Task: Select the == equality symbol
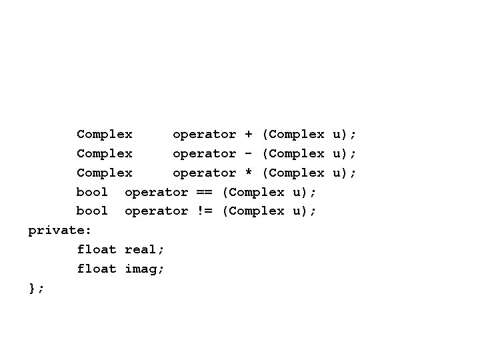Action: [x=204, y=192]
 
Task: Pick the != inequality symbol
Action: [x=204, y=211]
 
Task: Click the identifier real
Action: [x=144, y=249]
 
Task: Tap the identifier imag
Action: [x=144, y=269]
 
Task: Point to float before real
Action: [x=97, y=249]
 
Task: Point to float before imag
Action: [x=97, y=269]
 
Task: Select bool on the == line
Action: [x=92, y=192]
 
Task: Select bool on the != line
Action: [x=92, y=211]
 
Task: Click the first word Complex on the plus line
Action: [x=105, y=135]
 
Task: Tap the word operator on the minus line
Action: [x=204, y=153]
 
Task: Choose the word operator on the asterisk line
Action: [x=204, y=173]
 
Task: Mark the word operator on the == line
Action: [x=156, y=192]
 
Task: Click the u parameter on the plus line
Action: [x=336, y=135]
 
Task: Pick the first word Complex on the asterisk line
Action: [x=105, y=173]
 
